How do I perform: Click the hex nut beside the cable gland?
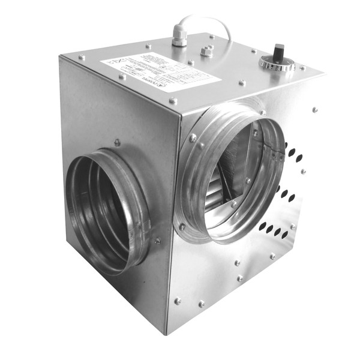(207, 51)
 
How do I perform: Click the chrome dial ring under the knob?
(277, 62)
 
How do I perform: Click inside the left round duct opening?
(102, 204)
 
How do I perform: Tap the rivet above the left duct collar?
(118, 143)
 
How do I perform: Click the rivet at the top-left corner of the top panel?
(82, 58)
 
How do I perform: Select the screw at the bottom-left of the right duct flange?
(182, 226)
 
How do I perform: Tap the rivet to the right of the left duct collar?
(158, 241)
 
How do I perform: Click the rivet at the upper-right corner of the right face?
(314, 110)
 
